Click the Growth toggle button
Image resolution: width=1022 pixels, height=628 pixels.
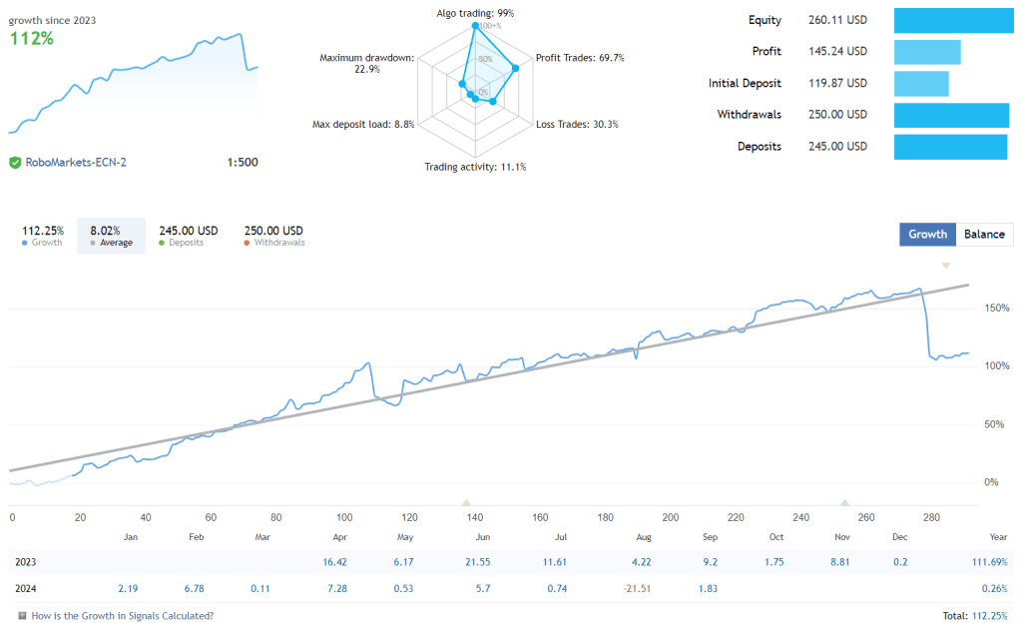point(927,234)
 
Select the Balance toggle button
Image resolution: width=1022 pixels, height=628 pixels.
point(984,234)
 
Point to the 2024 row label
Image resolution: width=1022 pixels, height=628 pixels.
point(26,588)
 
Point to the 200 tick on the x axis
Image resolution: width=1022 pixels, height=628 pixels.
point(671,517)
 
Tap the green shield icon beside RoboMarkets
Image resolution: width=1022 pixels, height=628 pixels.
point(15,162)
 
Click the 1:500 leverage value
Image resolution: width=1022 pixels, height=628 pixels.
point(243,162)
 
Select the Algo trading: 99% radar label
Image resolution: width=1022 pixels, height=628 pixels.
point(475,13)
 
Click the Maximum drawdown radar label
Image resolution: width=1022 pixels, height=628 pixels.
point(366,63)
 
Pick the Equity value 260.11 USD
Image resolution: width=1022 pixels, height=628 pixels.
point(837,20)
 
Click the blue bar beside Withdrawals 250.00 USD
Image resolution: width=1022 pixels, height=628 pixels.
point(951,115)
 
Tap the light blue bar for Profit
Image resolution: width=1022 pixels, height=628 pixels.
point(927,52)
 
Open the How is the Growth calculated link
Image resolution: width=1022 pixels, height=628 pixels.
point(122,616)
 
